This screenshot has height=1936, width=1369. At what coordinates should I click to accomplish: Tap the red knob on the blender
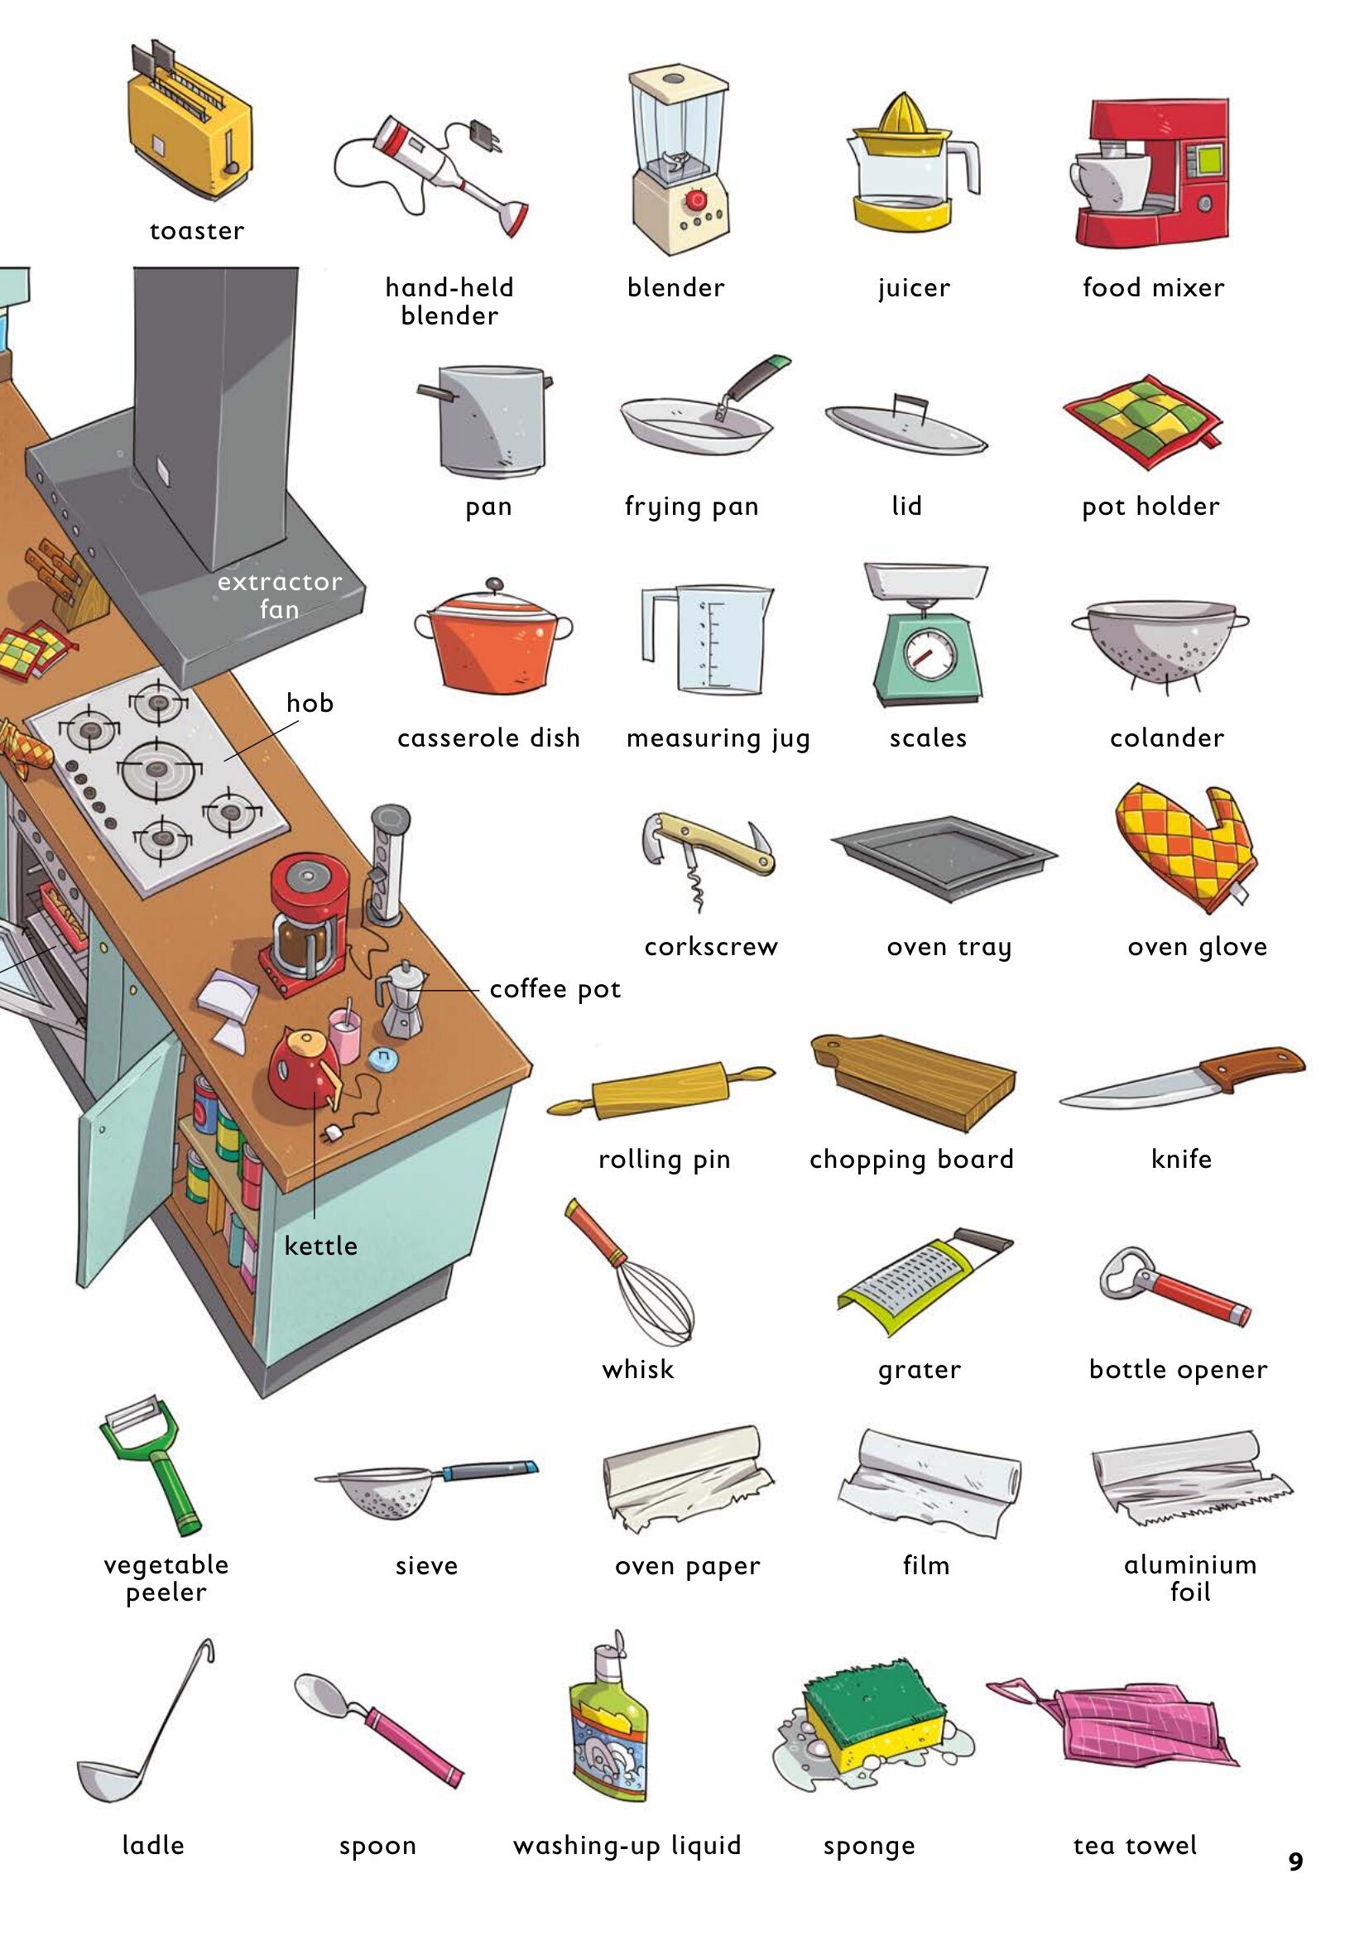pos(696,199)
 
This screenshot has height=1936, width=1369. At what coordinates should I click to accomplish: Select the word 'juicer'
pos(914,288)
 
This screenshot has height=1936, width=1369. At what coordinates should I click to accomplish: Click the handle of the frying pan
pos(755,378)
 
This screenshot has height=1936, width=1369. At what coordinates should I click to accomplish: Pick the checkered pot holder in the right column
pos(1142,421)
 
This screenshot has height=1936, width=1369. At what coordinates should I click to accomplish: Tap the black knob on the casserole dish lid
pos(494,584)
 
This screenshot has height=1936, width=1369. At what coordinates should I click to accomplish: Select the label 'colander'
pos(1167,737)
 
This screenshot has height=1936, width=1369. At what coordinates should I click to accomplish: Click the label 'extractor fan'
pos(279,595)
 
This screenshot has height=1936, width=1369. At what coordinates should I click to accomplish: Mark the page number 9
pos(1295,1861)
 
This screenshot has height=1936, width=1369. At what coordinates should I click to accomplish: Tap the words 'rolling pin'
pos(665,1160)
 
